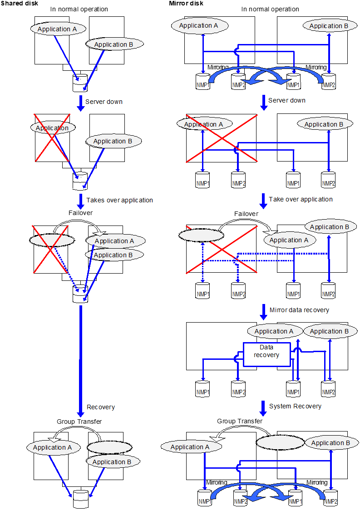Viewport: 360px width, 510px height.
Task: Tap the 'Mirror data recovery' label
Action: [299, 310]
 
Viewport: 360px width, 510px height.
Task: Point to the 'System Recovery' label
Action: [295, 406]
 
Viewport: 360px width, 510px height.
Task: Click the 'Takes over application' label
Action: [120, 200]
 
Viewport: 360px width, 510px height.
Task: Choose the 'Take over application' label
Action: [301, 199]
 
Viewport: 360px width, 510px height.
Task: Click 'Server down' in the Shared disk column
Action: [104, 102]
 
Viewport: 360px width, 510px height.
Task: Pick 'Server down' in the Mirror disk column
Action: [287, 100]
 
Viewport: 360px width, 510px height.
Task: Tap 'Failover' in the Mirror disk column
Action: [246, 214]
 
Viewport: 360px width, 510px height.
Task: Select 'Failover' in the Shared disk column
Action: [81, 213]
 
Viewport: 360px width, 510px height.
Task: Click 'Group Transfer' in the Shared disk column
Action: [79, 422]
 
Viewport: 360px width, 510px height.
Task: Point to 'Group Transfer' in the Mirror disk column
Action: [239, 421]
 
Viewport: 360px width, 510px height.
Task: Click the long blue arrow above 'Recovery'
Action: [81, 358]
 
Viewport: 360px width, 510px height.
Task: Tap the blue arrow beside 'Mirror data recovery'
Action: [263, 311]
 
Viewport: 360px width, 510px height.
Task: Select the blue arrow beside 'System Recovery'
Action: [262, 407]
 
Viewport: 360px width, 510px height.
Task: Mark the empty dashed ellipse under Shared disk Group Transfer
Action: [109, 447]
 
